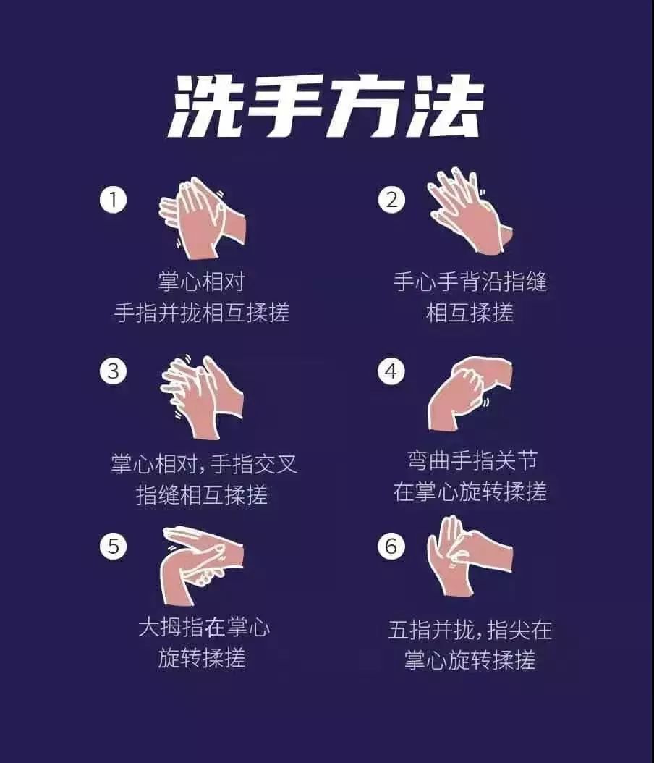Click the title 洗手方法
tap(326, 106)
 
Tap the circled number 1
tap(113, 200)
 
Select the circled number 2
tap(391, 200)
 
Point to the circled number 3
tap(113, 371)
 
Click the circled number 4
tap(391, 371)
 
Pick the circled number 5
tap(113, 546)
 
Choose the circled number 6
tap(391, 546)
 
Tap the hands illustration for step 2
tap(470, 211)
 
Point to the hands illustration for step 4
tap(470, 394)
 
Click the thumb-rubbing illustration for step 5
tap(203, 565)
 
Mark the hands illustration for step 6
tap(470, 556)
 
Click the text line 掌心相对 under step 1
tap(201, 282)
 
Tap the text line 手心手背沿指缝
tap(470, 282)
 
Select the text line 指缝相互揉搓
tap(202, 495)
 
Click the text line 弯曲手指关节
tap(472, 460)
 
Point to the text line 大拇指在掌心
tap(204, 627)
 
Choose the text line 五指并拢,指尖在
tap(470, 630)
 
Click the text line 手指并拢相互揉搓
tap(202, 313)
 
